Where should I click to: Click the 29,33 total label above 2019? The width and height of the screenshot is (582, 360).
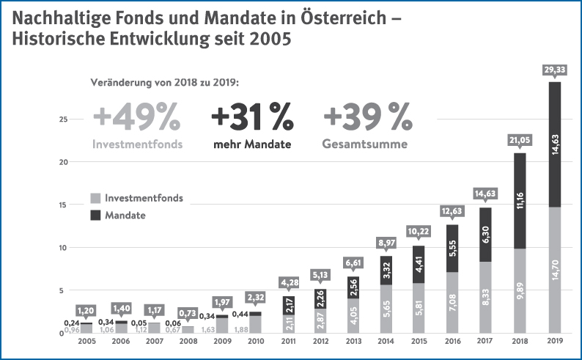[555, 69]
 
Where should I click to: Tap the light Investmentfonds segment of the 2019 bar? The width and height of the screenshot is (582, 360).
[555, 270]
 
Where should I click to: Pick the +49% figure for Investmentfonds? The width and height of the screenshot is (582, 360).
[136, 117]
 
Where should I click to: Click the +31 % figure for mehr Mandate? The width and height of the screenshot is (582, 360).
[251, 117]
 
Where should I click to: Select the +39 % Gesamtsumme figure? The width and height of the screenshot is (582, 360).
[367, 117]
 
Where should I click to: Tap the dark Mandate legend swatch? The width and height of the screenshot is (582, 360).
[95, 216]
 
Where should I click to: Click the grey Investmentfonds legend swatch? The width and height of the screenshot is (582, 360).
[95, 199]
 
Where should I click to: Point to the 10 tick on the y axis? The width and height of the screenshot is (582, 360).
[65, 247]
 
